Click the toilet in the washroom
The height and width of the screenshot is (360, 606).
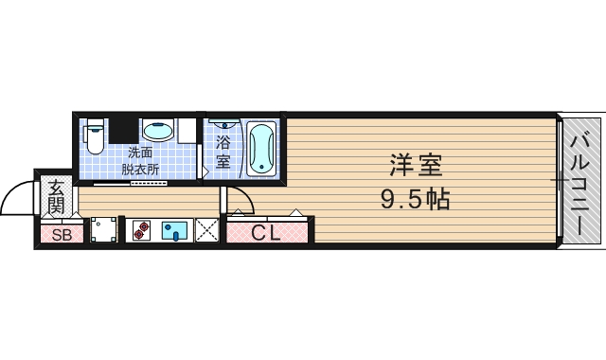[94, 137]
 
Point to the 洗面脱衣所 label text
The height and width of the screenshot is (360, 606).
[140, 160]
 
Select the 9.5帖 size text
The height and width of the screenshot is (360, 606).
[415, 200]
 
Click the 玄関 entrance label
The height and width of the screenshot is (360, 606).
[57, 197]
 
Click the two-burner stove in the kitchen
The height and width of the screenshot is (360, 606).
[140, 230]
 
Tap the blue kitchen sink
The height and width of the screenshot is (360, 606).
[175, 230]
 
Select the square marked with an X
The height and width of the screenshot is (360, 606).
[206, 230]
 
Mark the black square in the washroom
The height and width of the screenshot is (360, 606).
[122, 129]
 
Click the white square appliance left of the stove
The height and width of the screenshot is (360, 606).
[104, 230]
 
